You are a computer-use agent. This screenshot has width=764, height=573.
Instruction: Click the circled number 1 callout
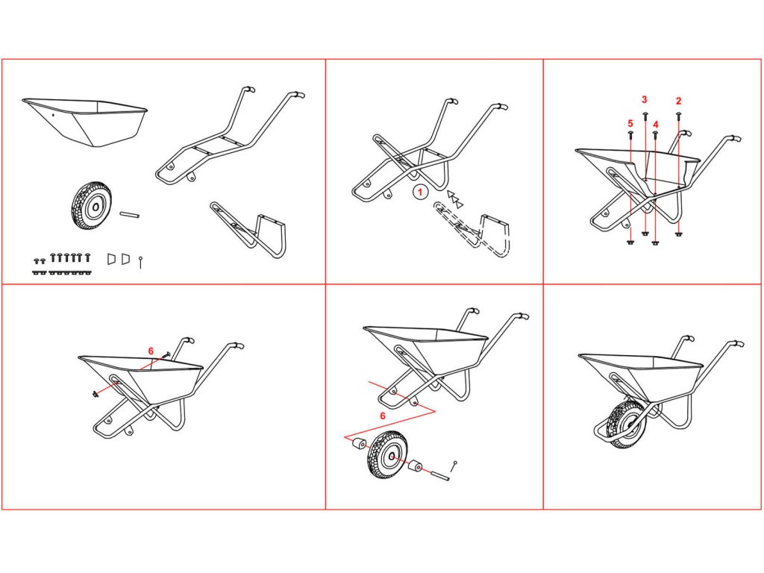(x=420, y=192)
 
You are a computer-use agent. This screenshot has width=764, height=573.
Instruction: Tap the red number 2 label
(x=679, y=101)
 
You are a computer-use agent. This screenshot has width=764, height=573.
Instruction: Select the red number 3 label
(x=644, y=100)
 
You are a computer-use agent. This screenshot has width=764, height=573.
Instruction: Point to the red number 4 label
(x=655, y=125)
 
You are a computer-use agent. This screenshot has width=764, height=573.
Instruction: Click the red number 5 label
(x=630, y=124)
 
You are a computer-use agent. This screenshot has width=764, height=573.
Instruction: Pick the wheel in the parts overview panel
(x=92, y=206)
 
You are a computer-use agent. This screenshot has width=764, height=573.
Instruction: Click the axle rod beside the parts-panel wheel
(x=130, y=214)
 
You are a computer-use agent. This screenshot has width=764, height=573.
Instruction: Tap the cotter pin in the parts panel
(x=140, y=262)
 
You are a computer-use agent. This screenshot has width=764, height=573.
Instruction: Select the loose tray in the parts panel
(x=85, y=122)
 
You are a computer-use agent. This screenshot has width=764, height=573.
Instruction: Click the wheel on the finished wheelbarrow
(x=627, y=423)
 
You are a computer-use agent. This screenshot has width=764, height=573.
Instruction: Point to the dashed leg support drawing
(x=472, y=228)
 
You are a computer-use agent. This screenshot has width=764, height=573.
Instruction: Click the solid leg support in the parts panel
(x=248, y=229)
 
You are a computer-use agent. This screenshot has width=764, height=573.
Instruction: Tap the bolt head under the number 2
(x=678, y=116)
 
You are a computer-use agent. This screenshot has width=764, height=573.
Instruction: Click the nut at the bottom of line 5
(x=630, y=241)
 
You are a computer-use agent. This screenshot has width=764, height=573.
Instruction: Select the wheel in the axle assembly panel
(x=388, y=455)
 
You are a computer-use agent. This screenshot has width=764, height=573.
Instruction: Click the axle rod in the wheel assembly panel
(x=439, y=475)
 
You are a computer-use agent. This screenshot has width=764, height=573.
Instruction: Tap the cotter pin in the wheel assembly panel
(x=454, y=466)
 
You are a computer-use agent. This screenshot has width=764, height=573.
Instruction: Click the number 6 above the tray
(x=151, y=351)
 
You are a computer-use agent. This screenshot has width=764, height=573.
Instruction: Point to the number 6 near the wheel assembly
(x=383, y=416)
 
